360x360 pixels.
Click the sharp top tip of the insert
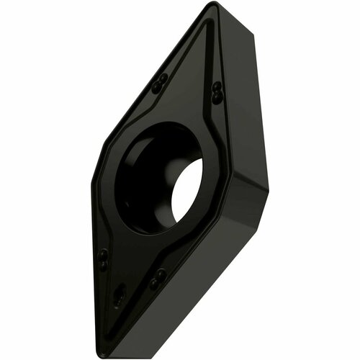point(210,6)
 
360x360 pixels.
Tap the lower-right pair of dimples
point(158,279)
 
